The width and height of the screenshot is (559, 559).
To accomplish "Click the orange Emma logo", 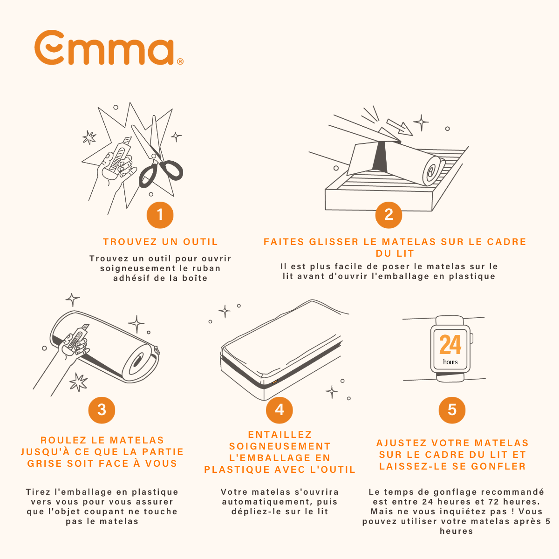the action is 109,48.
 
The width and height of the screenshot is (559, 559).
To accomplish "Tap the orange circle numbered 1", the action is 160,215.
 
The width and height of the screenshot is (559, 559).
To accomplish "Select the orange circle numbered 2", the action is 389,215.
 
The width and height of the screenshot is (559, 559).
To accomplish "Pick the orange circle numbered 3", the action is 102,410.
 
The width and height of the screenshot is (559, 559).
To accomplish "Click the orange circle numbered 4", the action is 279,410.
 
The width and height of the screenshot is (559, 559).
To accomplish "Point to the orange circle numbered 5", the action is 452,410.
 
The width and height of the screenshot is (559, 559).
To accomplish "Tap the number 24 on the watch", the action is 450,345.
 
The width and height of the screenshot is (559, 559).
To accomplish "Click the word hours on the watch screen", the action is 450,362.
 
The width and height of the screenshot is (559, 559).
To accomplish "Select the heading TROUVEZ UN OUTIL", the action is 160,242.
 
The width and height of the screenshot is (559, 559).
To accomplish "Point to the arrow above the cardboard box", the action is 400,127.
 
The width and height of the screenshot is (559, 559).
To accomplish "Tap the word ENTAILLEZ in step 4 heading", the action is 280,435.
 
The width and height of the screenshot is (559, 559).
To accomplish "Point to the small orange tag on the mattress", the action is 275,382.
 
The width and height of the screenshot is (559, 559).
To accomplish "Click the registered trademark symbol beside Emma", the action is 180,61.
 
